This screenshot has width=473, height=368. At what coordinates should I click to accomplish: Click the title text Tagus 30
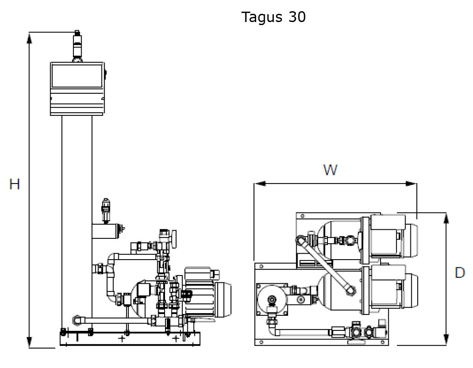pos(273,17)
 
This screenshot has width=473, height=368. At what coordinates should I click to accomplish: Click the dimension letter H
pos(15,184)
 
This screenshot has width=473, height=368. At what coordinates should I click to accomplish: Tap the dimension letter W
pos(330,170)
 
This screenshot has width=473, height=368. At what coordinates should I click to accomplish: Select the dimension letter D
pos(460,273)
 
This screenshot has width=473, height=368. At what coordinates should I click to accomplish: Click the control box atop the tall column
pos(78,89)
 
